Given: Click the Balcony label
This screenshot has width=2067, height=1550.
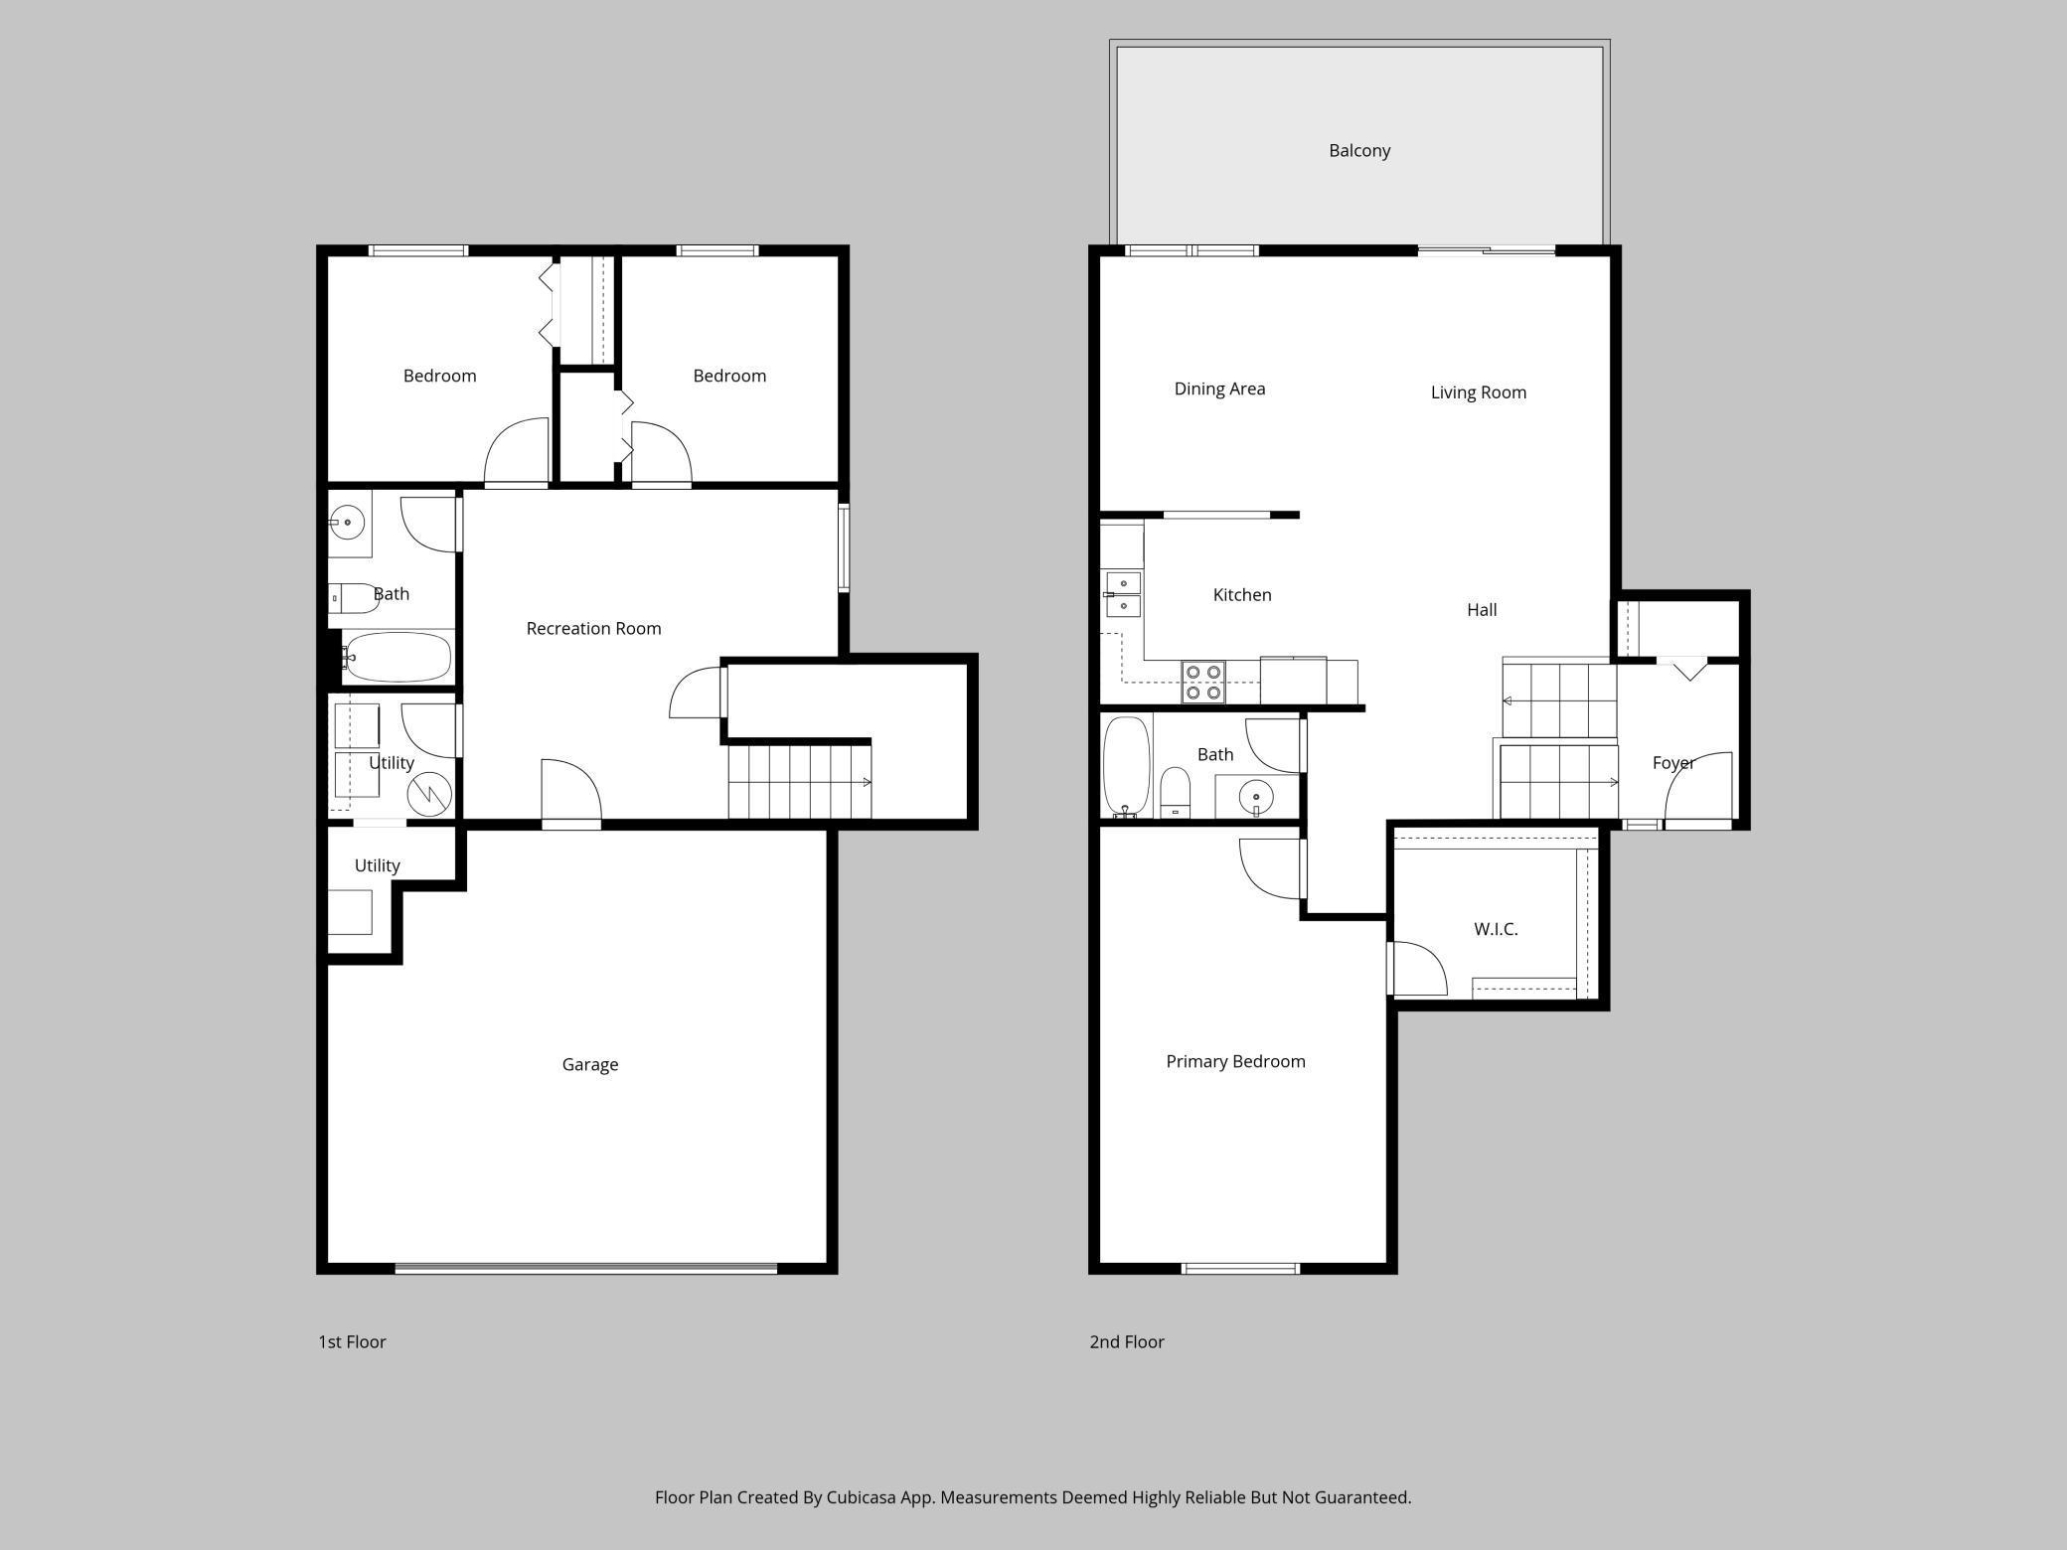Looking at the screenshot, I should tap(1358, 151).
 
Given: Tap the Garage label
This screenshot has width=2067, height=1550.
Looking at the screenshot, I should tap(589, 1064).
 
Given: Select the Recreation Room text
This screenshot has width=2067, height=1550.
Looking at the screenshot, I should tap(593, 628).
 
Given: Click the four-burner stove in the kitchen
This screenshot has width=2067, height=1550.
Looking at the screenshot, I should tap(1202, 683).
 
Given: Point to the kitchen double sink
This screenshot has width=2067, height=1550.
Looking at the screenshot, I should tap(1123, 594).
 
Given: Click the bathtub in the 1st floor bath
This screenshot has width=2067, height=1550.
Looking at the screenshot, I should tap(397, 657).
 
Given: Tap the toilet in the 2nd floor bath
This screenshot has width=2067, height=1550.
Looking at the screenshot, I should tap(1175, 790).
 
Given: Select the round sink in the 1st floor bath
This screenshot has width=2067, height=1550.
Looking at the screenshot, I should tap(347, 522).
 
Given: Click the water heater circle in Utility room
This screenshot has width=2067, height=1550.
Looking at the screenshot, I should tap(430, 793).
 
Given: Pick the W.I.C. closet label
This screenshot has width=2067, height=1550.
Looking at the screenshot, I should tap(1495, 929).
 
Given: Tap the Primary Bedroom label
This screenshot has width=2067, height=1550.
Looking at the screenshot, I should tap(1235, 1061).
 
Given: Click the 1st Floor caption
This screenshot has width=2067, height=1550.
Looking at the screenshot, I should tap(352, 1341).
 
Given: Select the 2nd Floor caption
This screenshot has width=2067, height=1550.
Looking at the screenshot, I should tap(1126, 1341).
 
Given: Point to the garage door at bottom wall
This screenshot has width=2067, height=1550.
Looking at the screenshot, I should tap(585, 1268).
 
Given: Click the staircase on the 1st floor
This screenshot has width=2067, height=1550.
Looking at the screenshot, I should tap(799, 782).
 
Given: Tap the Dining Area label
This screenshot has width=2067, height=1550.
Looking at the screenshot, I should tap(1219, 388).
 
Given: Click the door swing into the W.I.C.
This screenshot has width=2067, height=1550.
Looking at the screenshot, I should tap(1419, 969).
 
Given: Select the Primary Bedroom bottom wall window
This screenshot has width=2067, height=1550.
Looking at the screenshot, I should tap(1239, 1269).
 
